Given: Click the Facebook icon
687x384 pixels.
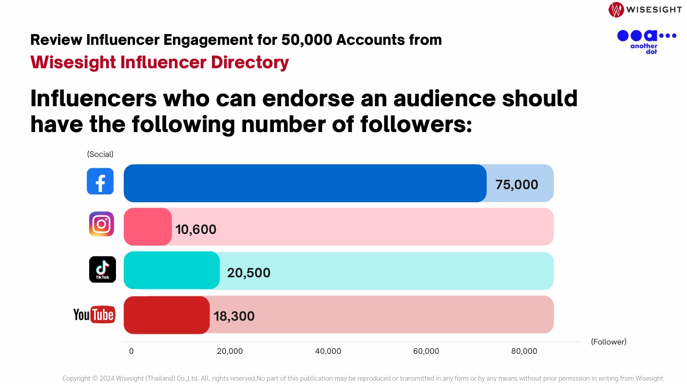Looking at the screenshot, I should (100, 181).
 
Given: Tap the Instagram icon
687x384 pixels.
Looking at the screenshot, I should (101, 224).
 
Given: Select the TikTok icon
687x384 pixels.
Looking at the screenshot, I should (102, 269).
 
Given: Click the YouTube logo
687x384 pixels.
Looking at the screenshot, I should (94, 315).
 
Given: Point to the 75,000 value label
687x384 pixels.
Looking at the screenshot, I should (516, 185).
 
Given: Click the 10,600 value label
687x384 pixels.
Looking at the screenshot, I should (196, 229).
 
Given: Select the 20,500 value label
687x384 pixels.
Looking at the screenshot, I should (248, 272).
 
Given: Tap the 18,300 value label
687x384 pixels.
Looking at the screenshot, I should (234, 316).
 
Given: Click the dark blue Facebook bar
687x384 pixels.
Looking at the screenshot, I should (305, 183).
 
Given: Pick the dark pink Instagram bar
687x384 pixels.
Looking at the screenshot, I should (148, 227).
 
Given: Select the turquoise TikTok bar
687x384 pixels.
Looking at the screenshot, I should (172, 270).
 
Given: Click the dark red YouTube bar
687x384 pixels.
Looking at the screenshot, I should (166, 315).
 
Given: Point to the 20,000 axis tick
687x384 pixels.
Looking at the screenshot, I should (229, 351).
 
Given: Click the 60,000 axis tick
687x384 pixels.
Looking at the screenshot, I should (425, 351).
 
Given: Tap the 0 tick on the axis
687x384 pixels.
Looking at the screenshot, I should (131, 351).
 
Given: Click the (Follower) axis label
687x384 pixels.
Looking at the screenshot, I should (609, 342).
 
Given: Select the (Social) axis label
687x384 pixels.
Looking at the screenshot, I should (100, 154).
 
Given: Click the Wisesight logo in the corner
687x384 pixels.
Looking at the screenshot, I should (645, 9).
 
